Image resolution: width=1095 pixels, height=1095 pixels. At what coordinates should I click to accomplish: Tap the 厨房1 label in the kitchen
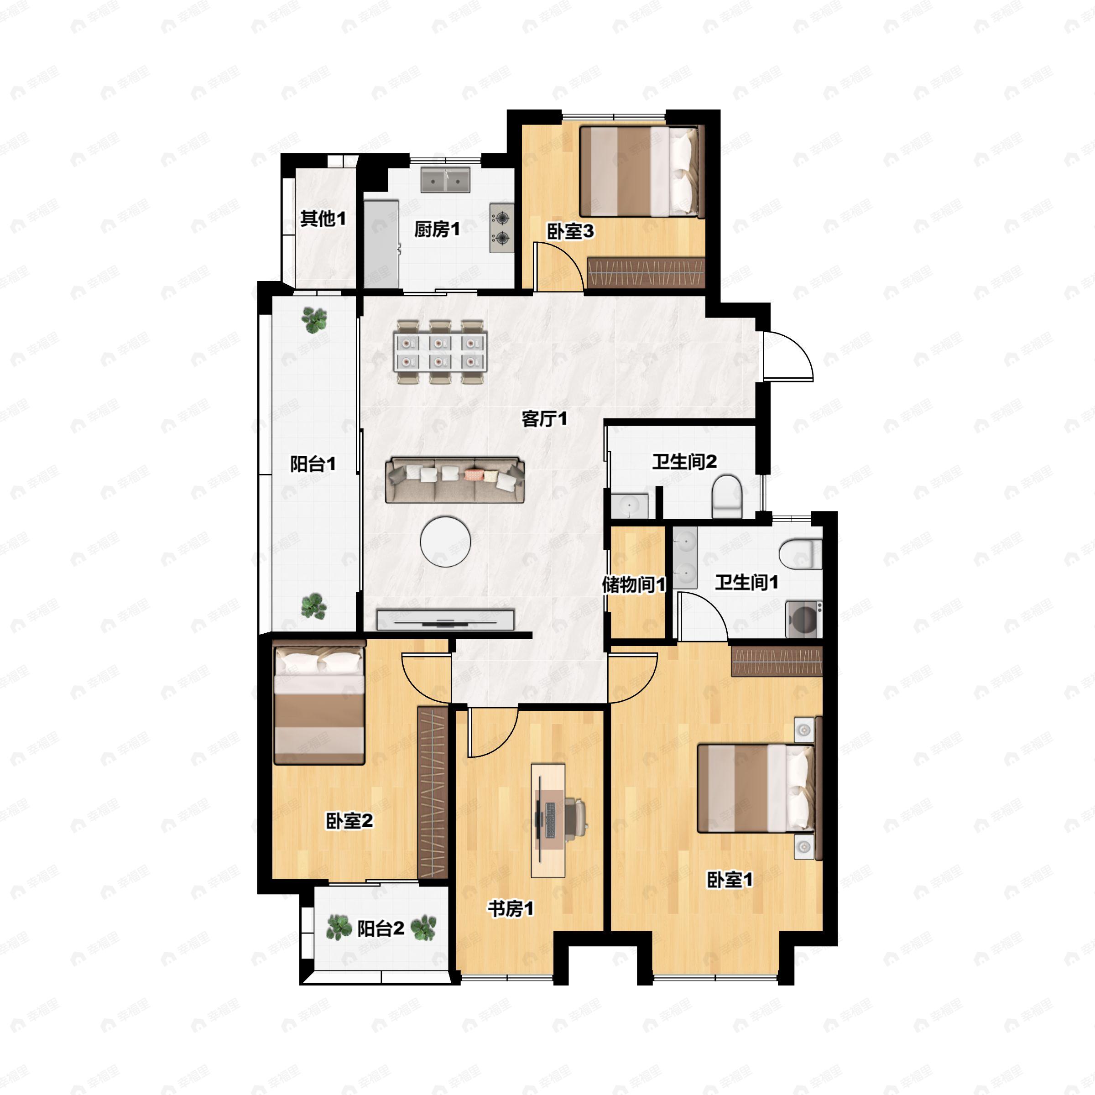pyautogui.click(x=437, y=229)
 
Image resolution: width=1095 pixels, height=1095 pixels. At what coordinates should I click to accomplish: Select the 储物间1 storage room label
pyautogui.click(x=634, y=584)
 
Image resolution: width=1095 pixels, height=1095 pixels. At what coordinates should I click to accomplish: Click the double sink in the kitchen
pyautogui.click(x=445, y=179)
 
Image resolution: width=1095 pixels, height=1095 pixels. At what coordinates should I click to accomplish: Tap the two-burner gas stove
pyautogui.click(x=501, y=228)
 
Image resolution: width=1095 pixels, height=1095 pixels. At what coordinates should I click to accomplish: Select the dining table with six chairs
pyautogui.click(x=441, y=352)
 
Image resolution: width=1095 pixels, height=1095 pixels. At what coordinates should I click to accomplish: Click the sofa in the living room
pyautogui.click(x=454, y=480)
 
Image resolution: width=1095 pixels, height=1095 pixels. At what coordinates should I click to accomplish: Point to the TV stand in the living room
pyautogui.click(x=445, y=620)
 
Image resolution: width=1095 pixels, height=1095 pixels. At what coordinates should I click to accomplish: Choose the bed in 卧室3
pyautogui.click(x=641, y=171)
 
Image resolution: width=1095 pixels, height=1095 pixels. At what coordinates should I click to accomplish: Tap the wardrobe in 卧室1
pyautogui.click(x=777, y=661)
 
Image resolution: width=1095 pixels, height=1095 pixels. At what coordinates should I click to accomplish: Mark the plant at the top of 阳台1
pyautogui.click(x=313, y=320)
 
